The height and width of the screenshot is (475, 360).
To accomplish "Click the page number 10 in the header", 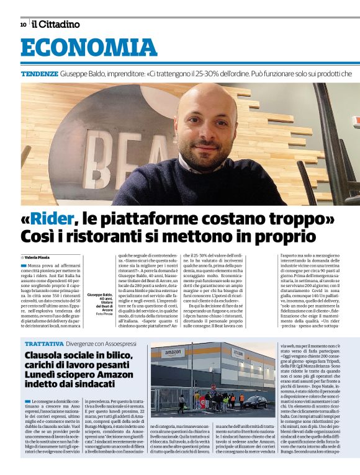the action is click(x=22, y=24).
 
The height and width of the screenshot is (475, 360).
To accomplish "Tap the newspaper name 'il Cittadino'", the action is click(x=55, y=24).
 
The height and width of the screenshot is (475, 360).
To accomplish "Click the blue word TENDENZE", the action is click(x=40, y=74).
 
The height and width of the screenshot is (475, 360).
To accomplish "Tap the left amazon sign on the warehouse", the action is click(x=173, y=353).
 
